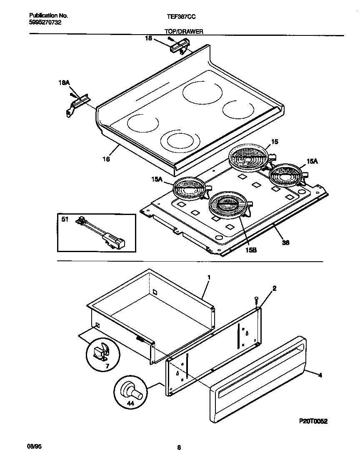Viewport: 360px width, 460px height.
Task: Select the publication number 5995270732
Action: coord(46,22)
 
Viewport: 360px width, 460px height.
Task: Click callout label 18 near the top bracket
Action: coord(149,38)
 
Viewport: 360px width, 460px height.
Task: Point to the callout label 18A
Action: coord(63,83)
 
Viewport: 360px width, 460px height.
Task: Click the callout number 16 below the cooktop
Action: coord(107,159)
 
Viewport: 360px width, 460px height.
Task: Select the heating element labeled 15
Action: coord(249,158)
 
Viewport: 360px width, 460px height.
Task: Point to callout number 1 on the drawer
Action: coord(209,277)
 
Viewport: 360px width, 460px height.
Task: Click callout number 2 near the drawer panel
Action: coord(275,288)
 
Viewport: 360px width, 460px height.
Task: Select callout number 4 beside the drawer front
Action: coord(320,375)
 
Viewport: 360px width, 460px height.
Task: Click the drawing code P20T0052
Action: coord(313,421)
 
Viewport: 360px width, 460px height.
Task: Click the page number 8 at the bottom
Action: coord(179,448)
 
